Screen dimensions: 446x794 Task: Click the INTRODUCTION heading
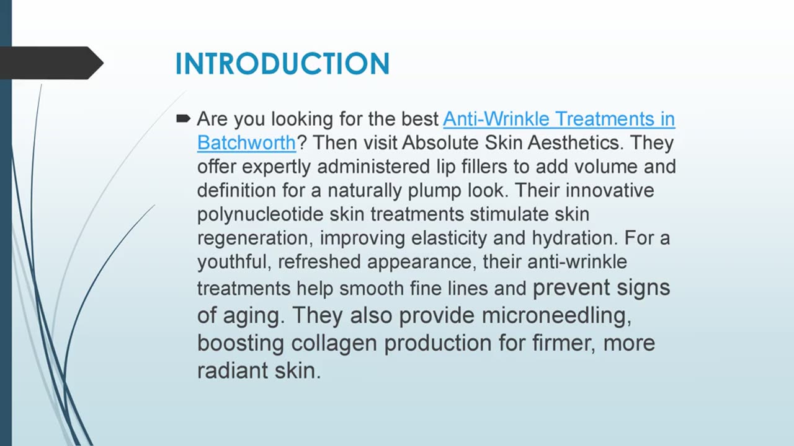(282, 64)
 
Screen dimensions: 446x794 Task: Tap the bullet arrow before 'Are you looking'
(183, 118)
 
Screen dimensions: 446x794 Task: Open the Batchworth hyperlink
(246, 142)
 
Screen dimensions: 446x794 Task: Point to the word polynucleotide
(260, 214)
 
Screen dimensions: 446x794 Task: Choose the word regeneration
(254, 238)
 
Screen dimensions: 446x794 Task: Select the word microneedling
(556, 315)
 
